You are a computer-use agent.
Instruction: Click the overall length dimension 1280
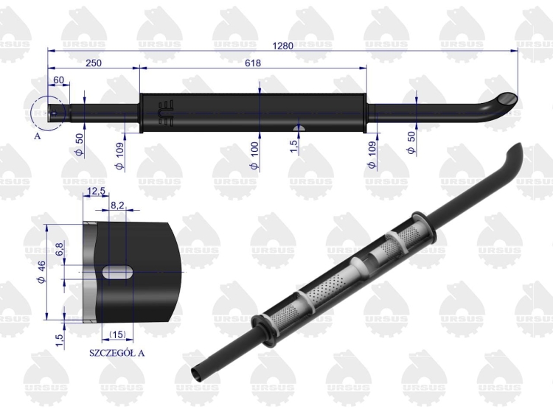282,45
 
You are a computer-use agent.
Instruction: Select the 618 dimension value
253,63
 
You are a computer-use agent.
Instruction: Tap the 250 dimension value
94,63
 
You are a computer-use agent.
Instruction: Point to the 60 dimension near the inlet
58,80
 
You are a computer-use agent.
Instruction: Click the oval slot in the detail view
118,271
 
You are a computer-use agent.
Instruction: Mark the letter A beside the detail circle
37,136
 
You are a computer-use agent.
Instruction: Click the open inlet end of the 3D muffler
198,374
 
